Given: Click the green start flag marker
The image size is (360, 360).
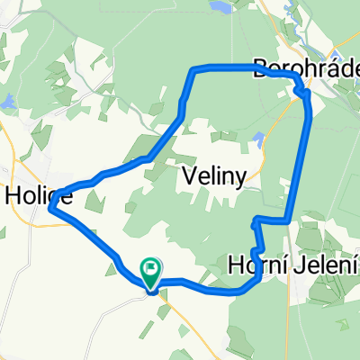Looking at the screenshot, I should coord(151,267).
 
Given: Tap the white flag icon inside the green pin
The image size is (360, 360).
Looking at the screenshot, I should coord(151,265).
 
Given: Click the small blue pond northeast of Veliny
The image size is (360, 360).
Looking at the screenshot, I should coord(259,139).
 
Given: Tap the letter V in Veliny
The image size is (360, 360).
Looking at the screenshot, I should coord(191,173).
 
